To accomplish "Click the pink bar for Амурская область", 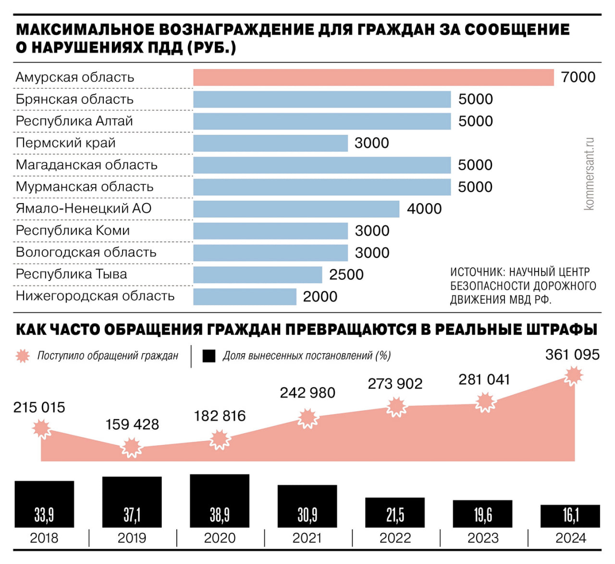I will [x=373, y=77].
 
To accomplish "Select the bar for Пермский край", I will [x=271, y=143].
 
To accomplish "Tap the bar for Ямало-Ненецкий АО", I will [x=296, y=209].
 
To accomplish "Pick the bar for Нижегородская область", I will [x=245, y=296].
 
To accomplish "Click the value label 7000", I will [x=578, y=77].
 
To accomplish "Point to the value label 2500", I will [x=346, y=275].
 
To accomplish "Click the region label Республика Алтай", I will [x=74, y=121].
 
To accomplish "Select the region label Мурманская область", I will [x=85, y=187].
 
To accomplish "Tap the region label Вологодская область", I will [x=86, y=253].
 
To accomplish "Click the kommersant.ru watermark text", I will [x=589, y=174].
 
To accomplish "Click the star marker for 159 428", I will [x=131, y=448].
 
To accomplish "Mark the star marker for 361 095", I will [x=573, y=376].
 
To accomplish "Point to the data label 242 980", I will [x=307, y=393].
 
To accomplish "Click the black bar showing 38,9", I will [x=220, y=501].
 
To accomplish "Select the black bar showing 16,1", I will [x=570, y=516].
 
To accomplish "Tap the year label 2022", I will [x=395, y=538].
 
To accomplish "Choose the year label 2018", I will [x=44, y=538].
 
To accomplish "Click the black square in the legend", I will [x=209, y=356].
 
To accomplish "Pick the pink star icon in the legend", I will [x=23, y=356].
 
